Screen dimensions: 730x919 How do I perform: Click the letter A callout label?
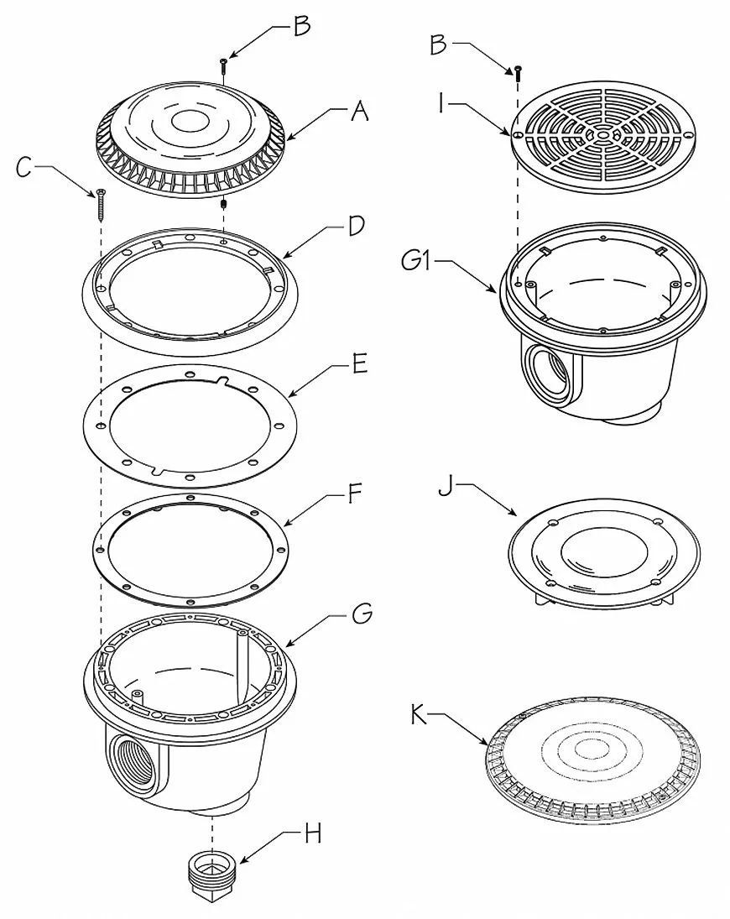(x=360, y=111)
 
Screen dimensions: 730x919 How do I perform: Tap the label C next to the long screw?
(x=23, y=168)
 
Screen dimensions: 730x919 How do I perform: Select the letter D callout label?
(x=357, y=226)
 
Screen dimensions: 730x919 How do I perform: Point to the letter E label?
(x=360, y=363)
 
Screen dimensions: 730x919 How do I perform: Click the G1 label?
(x=416, y=260)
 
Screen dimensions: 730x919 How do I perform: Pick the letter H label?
(x=314, y=833)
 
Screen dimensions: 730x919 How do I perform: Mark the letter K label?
(x=419, y=714)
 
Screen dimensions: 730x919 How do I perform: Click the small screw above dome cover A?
(x=223, y=66)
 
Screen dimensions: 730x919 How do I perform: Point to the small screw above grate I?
(x=518, y=73)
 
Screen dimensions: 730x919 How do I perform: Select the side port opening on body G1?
(x=545, y=374)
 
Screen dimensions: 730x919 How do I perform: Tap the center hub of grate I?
(x=602, y=134)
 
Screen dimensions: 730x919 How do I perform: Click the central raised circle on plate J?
(x=604, y=553)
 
